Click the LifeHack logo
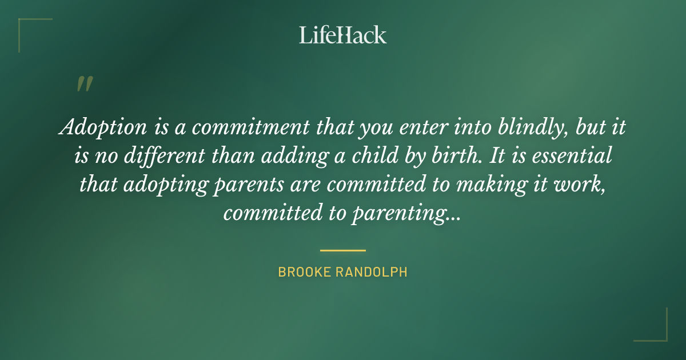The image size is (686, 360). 342,35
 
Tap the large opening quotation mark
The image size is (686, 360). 84,85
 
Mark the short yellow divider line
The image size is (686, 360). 342,250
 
